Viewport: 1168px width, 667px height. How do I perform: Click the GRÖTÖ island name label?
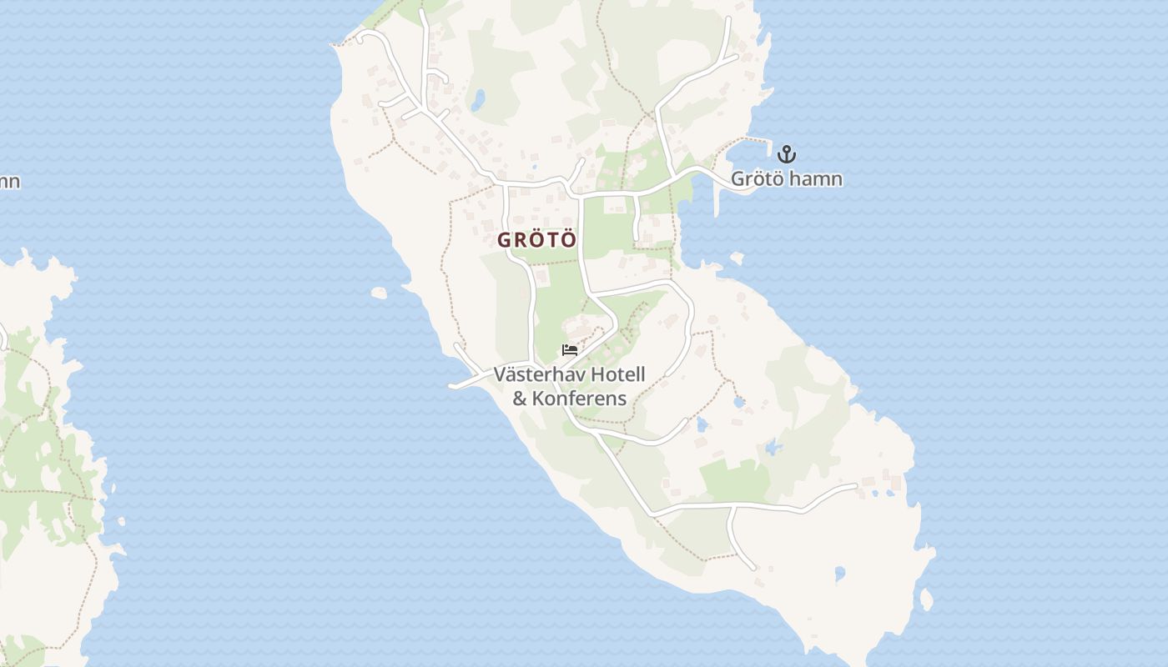(537, 240)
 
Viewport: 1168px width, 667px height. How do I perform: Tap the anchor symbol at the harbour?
(786, 154)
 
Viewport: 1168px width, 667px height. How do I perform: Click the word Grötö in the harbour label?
(756, 178)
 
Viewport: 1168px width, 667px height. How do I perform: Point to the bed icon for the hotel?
(570, 350)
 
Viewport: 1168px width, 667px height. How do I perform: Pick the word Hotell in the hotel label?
(617, 374)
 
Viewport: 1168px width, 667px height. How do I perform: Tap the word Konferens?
(580, 398)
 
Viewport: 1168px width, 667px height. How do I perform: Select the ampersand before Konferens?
(520, 398)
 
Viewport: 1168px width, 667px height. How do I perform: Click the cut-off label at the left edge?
(9, 181)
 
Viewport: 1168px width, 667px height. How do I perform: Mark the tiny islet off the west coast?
(380, 293)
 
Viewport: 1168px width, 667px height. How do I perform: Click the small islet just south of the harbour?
(736, 258)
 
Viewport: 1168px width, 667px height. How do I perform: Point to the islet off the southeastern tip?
(925, 599)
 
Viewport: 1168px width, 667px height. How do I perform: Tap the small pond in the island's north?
(477, 102)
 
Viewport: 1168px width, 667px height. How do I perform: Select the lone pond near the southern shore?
(839, 574)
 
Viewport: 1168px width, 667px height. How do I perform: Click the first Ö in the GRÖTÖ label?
(537, 240)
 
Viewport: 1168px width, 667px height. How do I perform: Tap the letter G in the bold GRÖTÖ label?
(504, 240)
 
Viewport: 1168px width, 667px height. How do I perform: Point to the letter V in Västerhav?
(500, 374)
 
